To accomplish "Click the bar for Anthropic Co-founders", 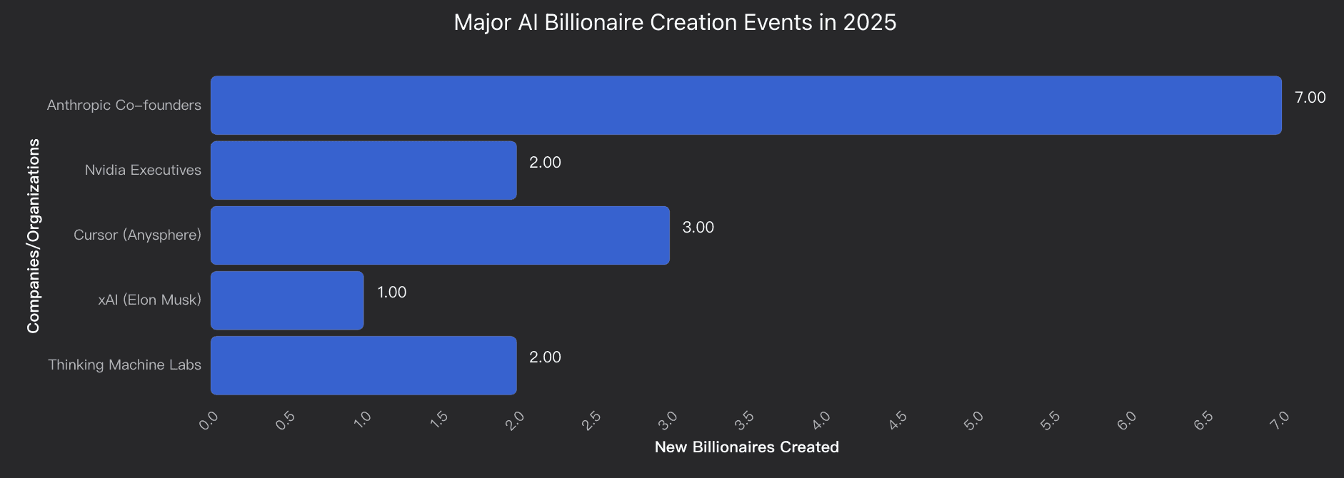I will tap(746, 105).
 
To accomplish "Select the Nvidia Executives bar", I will tap(363, 170).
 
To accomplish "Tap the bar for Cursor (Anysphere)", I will tap(440, 235).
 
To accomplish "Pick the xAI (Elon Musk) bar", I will tap(287, 300).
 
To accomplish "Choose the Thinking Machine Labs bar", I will tap(363, 365).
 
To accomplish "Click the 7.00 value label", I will tap(1310, 98).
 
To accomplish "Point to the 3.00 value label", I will tap(698, 228).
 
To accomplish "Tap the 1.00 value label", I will tap(391, 293).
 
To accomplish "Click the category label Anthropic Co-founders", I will tap(124, 105).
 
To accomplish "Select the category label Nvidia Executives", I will tap(143, 170).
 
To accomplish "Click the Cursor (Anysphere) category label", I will tap(137, 235).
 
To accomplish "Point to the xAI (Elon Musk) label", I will tap(149, 300).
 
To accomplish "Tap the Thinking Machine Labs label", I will tap(124, 365).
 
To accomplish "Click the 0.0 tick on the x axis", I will tap(209, 421).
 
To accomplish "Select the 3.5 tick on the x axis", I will tap(744, 421).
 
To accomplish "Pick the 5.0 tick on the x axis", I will tap(973, 421).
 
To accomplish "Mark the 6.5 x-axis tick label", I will tap(1203, 421).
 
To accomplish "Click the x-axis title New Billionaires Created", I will tap(746, 447).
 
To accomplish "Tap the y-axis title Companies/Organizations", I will tap(34, 235).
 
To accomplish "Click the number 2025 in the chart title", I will tap(869, 22).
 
